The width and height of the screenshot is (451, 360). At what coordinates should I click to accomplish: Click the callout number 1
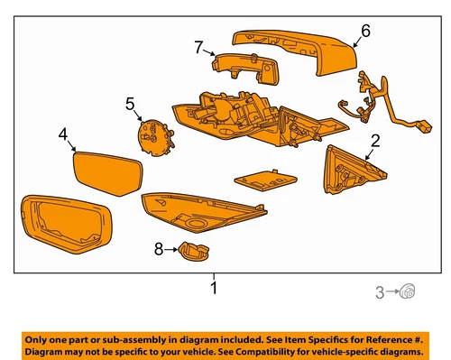click(x=213, y=289)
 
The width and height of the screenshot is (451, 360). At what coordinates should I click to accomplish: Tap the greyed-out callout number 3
click(x=380, y=290)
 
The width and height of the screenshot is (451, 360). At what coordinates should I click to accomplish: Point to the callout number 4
click(x=64, y=134)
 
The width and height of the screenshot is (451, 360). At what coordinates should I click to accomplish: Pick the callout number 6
click(x=365, y=31)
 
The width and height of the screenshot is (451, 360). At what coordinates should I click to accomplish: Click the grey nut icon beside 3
click(x=408, y=290)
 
